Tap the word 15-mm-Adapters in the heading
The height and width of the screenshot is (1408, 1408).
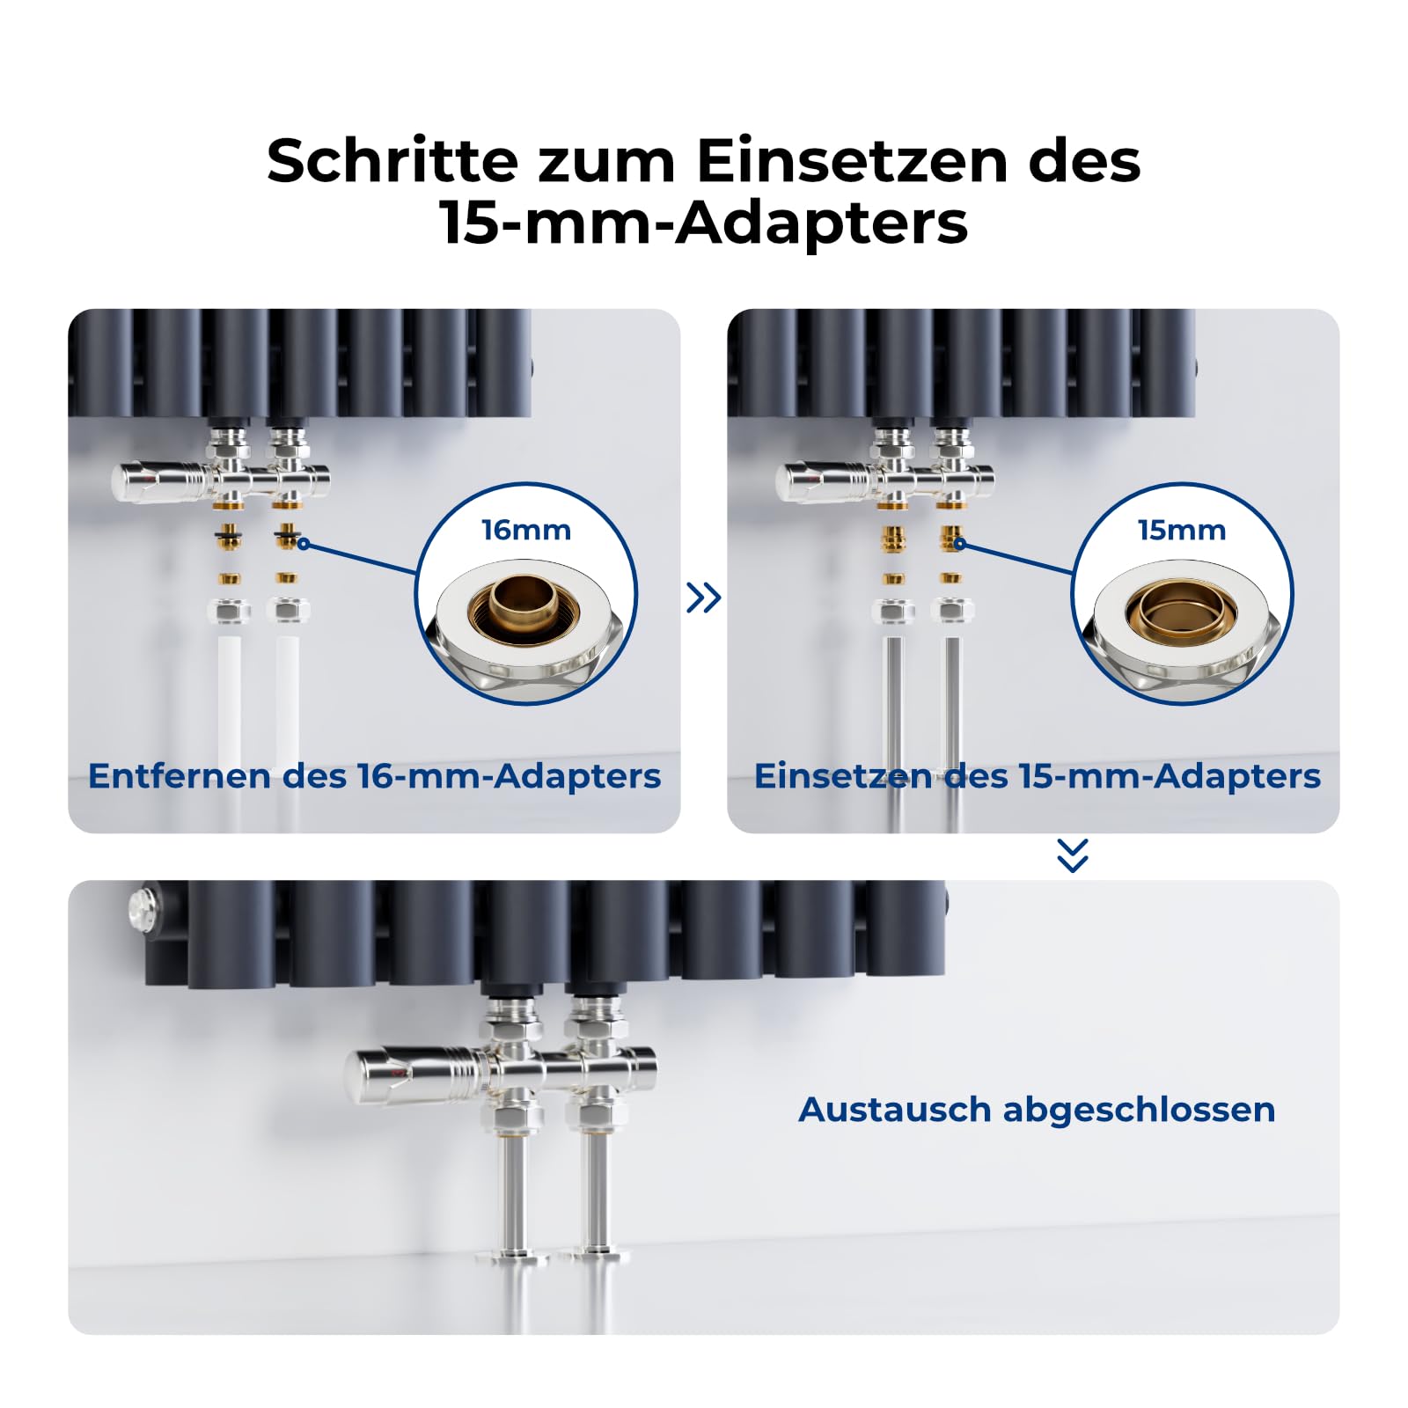(704, 223)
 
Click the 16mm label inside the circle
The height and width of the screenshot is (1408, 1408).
(526, 530)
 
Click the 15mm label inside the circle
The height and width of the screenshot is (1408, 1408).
(1182, 530)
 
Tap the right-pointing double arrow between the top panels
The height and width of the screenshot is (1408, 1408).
(704, 598)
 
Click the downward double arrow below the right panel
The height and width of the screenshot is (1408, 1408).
(1073, 855)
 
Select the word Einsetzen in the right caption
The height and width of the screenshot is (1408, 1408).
(843, 776)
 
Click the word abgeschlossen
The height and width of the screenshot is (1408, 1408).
(1139, 1110)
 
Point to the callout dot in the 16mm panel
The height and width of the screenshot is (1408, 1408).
(304, 544)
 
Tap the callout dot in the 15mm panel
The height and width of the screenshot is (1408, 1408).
(960, 544)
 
